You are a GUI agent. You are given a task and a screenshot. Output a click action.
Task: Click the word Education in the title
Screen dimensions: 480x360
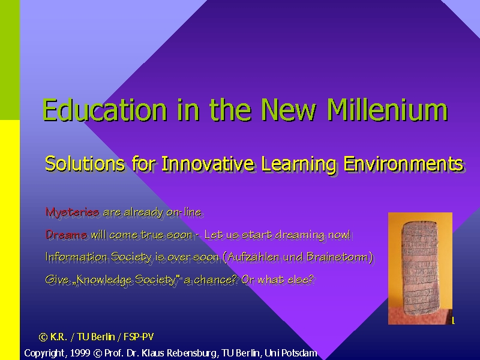point(104,110)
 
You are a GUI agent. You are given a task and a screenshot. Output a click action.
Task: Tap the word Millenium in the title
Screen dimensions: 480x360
point(387,110)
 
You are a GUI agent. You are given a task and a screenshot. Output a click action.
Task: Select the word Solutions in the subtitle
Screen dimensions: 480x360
point(85,163)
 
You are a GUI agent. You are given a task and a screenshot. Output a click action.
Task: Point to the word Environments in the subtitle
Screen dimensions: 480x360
point(403,163)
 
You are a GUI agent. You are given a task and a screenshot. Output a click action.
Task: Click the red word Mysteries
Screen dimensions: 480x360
point(72,212)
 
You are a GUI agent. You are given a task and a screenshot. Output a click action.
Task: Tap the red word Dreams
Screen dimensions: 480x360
point(66,235)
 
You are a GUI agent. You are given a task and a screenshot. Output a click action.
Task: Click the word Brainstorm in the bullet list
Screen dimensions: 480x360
point(337,257)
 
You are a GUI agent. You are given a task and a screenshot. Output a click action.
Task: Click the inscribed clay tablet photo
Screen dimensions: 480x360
point(421,268)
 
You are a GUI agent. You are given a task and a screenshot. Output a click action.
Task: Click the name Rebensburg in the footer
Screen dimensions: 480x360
point(191,353)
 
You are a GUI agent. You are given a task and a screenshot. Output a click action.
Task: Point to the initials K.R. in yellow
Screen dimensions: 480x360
point(58,337)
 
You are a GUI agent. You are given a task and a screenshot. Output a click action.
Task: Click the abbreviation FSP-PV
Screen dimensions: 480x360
point(139,337)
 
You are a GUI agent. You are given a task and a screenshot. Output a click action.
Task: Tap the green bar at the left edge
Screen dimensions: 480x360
point(10,60)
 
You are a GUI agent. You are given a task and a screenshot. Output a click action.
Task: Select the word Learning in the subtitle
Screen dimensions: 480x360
point(299,163)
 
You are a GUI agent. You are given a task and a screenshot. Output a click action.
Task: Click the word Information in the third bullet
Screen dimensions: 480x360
point(76,257)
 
